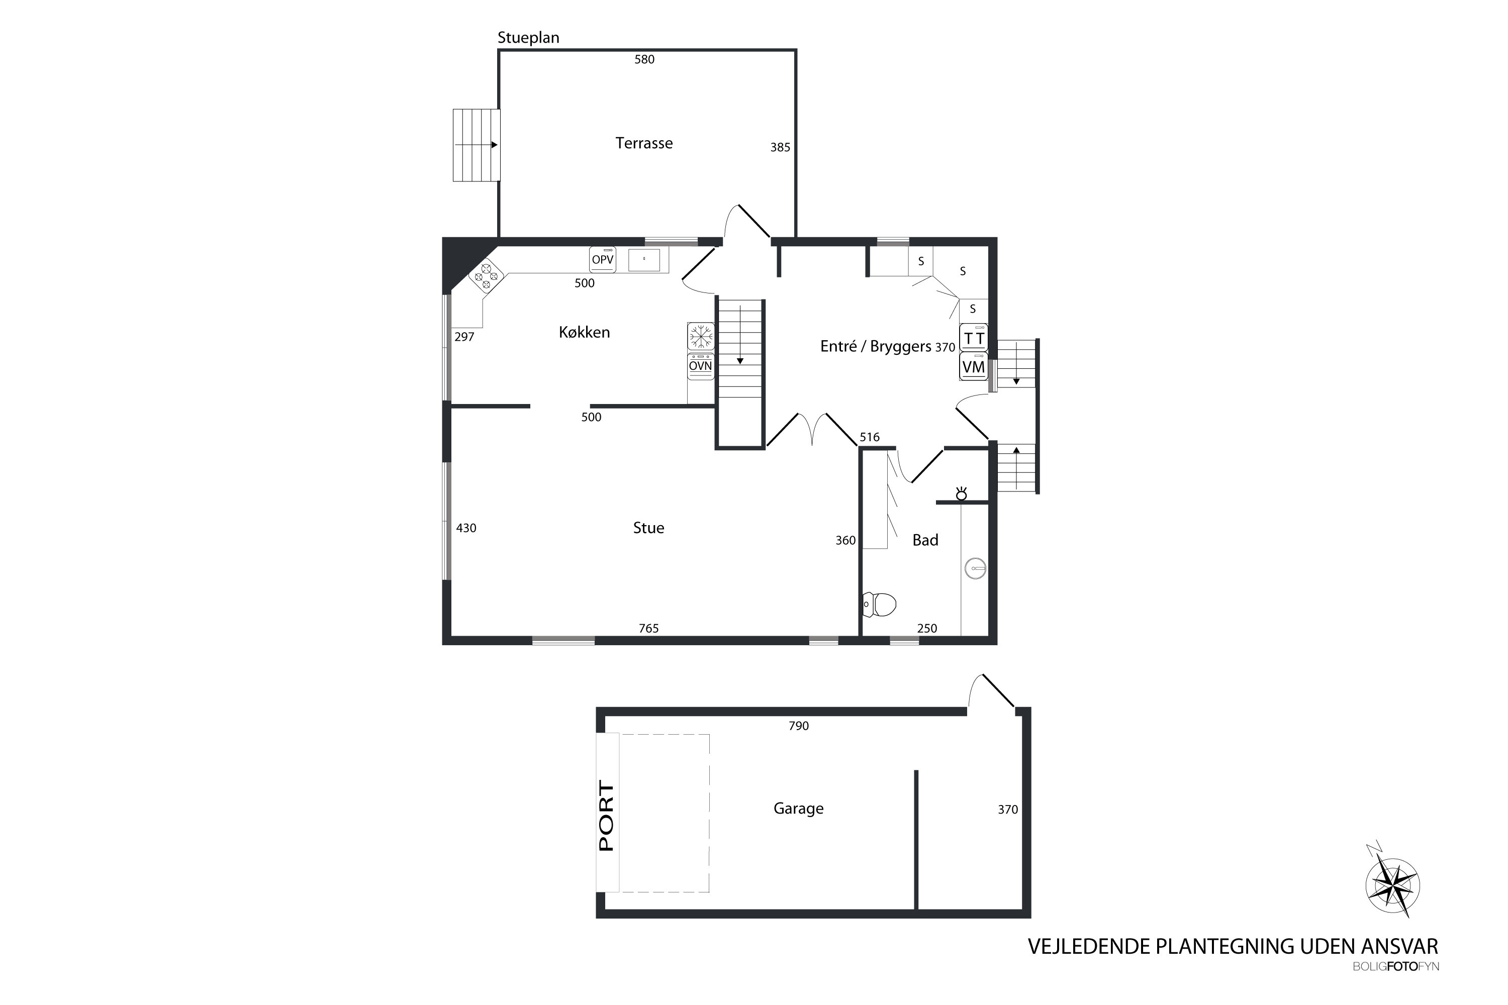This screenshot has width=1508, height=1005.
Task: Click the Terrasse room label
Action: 644,143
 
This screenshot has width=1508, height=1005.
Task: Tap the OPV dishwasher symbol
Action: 603,260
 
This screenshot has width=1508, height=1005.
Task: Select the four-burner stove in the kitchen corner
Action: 486,276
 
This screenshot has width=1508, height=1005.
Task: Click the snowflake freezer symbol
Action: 701,336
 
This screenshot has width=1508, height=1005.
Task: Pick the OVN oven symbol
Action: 701,366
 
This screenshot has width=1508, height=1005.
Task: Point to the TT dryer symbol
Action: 974,337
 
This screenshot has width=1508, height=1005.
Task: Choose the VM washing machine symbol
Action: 974,367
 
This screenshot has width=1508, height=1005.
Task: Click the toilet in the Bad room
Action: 879,604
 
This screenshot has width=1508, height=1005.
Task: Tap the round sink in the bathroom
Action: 975,568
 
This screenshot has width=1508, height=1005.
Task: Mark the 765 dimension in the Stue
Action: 649,628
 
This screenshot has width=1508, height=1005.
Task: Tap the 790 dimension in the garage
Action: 799,726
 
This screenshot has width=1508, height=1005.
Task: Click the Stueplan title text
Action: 528,38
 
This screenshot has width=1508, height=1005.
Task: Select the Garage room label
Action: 798,808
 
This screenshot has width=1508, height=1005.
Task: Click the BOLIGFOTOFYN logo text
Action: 1396,966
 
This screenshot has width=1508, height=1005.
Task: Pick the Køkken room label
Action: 584,332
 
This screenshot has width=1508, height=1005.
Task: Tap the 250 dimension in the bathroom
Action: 927,628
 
